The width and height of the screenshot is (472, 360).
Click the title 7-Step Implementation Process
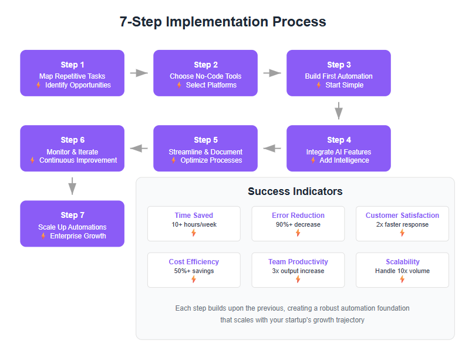[x=222, y=22]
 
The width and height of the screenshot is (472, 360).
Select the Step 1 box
[x=72, y=73]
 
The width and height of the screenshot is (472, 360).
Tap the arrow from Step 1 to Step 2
[x=139, y=73]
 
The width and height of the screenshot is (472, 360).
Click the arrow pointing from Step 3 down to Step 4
[x=339, y=111]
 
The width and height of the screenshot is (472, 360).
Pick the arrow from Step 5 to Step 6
[x=139, y=148]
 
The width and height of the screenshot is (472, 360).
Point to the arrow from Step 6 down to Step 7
[x=72, y=186]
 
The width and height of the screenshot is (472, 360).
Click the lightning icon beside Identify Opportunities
[x=39, y=85]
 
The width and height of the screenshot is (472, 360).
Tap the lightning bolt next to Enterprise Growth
[x=43, y=235]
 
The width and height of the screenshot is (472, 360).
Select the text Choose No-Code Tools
[x=205, y=76]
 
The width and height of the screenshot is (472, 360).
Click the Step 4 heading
[x=339, y=140]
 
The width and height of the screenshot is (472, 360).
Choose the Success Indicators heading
[x=295, y=191]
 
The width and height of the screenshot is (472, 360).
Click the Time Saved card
[x=194, y=224]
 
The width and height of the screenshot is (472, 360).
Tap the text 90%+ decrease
[x=298, y=224]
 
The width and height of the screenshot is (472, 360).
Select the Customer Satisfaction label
[x=402, y=216]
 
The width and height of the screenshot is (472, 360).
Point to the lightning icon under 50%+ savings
[x=194, y=280]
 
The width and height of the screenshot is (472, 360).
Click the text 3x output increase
[x=298, y=271]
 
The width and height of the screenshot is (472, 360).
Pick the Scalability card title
[x=403, y=262]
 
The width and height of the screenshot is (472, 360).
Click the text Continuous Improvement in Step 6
[x=78, y=160]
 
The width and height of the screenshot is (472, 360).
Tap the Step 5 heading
[x=205, y=140]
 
